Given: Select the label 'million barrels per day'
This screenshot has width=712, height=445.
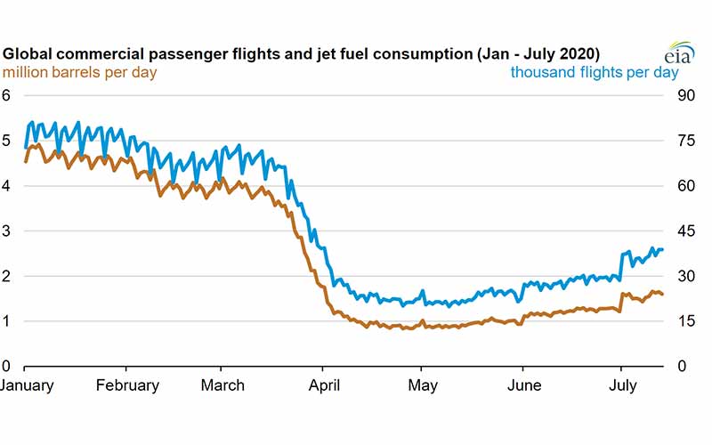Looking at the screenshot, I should [x=81, y=72].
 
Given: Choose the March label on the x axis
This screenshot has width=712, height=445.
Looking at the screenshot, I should [x=223, y=385].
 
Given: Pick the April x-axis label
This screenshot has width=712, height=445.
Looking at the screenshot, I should [x=323, y=385].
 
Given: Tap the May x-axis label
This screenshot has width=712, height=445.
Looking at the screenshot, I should [x=422, y=385].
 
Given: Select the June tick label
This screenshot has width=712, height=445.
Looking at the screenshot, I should [x=523, y=385].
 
